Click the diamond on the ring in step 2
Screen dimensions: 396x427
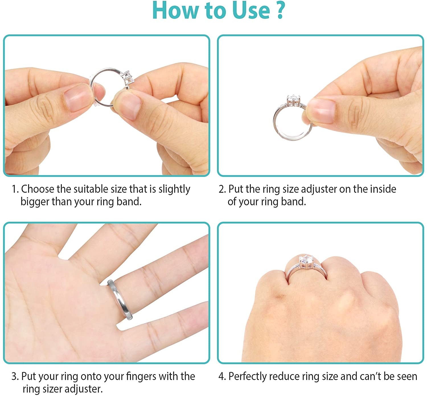click(x=294, y=99)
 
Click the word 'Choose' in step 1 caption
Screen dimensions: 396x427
click(x=38, y=189)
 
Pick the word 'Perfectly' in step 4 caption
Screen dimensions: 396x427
click(x=248, y=376)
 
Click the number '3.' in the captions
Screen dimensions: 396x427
click(x=15, y=376)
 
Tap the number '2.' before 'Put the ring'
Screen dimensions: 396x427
click(x=222, y=189)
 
